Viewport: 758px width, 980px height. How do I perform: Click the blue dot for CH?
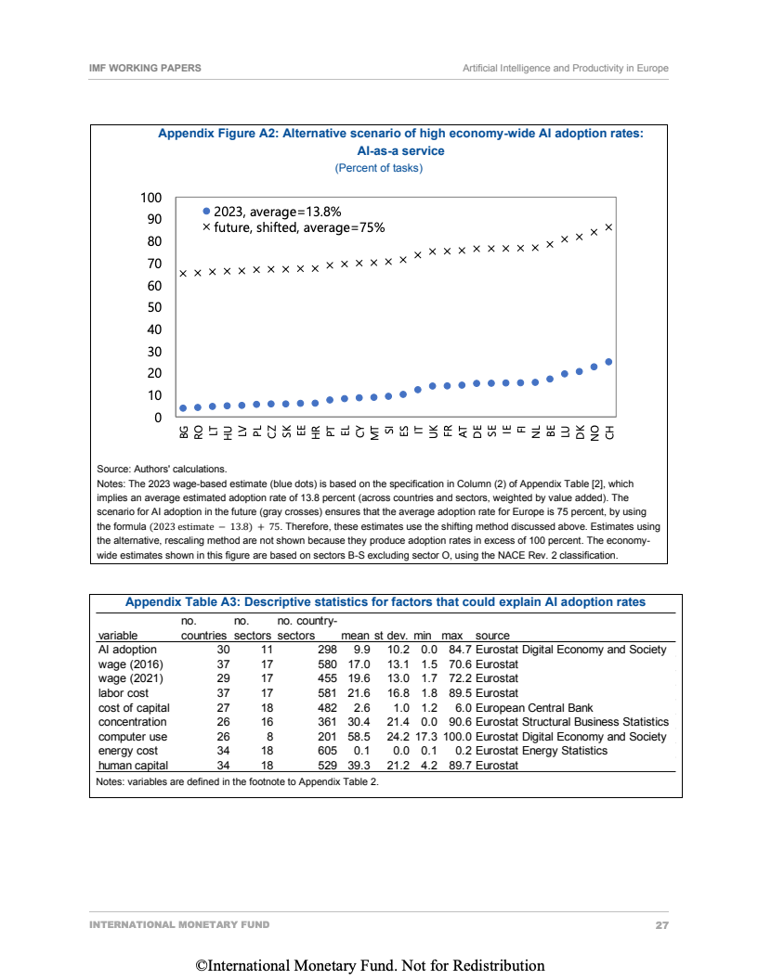pos(608,362)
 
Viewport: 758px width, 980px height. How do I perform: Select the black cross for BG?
pos(183,273)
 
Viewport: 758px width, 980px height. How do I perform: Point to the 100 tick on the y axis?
pos(151,198)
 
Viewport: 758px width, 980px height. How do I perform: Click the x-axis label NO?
pos(595,433)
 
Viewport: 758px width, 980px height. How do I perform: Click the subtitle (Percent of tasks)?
pos(378,168)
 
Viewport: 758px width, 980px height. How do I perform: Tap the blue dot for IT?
pos(418,389)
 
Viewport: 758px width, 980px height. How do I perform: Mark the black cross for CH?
pos(608,226)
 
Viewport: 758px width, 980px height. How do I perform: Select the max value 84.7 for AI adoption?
pos(452,650)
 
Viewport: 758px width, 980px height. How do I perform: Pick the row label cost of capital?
pos(132,707)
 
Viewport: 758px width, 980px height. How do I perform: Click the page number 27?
pos(661,925)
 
